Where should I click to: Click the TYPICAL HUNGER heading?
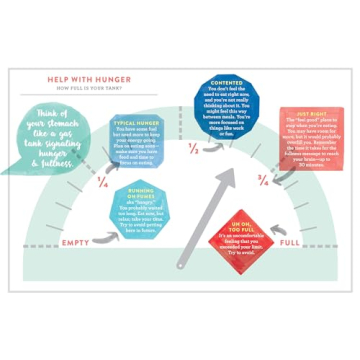click(139, 123)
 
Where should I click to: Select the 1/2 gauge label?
click(193, 149)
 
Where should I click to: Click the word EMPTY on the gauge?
click(76, 242)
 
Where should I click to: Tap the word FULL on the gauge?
click(289, 243)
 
